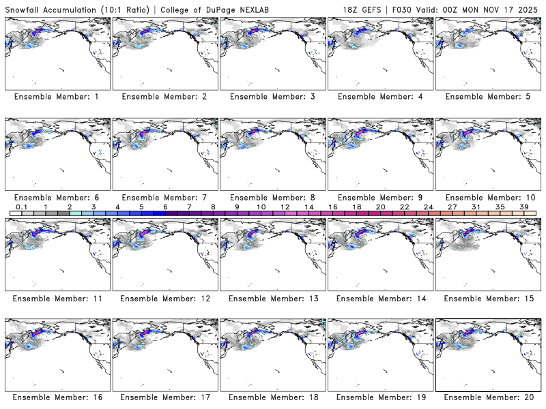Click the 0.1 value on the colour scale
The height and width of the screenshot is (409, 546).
pyautogui.click(x=21, y=207)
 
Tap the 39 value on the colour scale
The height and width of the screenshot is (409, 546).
pyautogui.click(x=524, y=207)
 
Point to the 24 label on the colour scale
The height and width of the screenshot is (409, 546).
pyautogui.click(x=428, y=207)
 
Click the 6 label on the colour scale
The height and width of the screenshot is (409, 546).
pyautogui.click(x=165, y=207)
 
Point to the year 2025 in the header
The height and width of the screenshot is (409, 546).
pyautogui.click(x=530, y=7)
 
